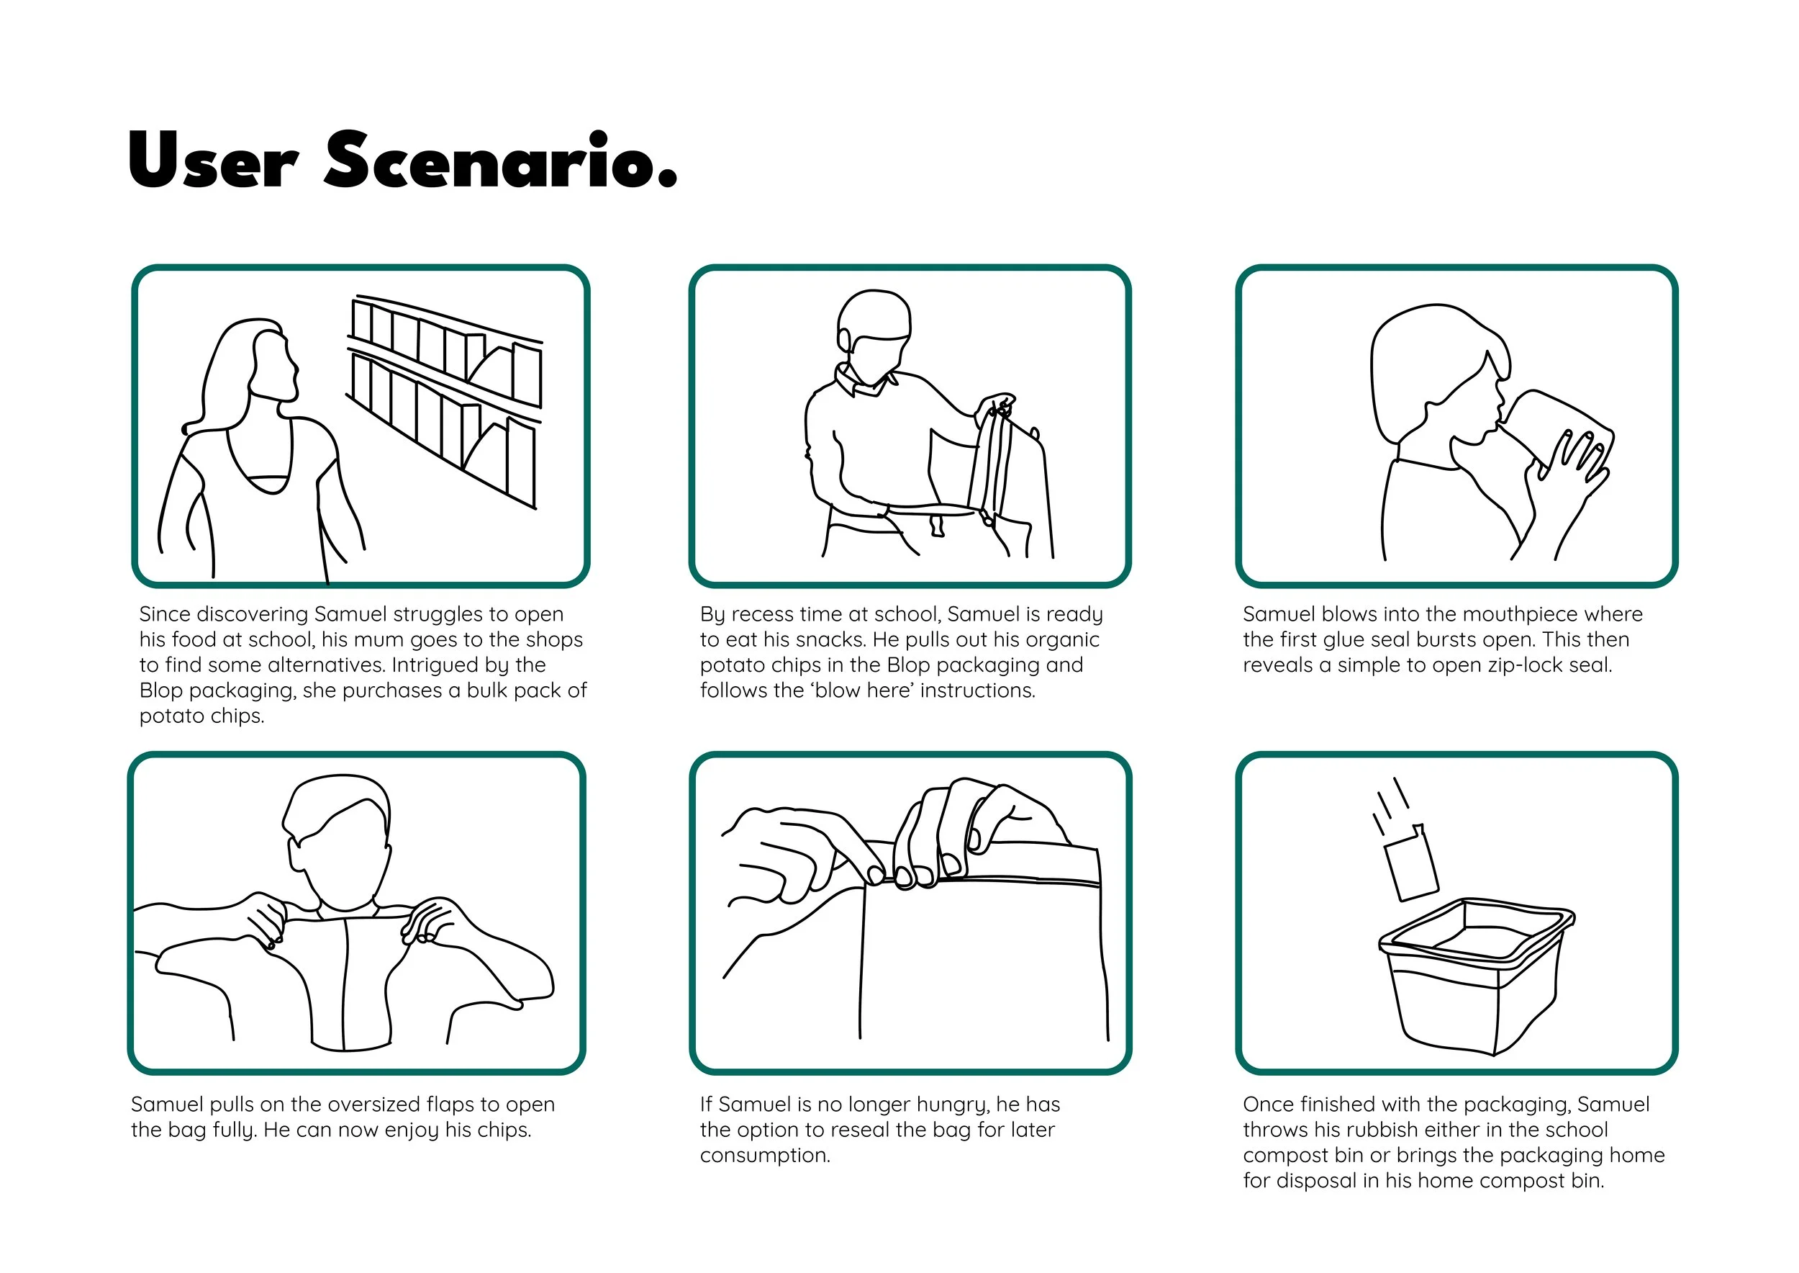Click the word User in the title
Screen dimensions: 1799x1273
pyautogui.click(x=212, y=161)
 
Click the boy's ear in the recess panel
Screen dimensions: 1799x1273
pyautogui.click(x=845, y=340)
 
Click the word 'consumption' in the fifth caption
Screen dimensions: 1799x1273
pyautogui.click(x=765, y=1156)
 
